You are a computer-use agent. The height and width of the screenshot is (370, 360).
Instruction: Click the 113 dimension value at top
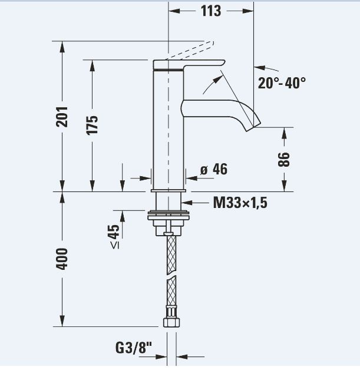[211, 11]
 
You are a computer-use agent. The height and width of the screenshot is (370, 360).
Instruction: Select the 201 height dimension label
[62, 117]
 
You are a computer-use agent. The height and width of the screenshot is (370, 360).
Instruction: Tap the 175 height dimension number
[93, 125]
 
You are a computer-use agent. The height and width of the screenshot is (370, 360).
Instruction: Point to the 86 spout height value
[284, 160]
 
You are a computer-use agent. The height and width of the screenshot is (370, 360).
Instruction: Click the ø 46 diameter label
[214, 169]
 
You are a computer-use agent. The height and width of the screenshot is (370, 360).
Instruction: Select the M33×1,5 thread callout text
[240, 203]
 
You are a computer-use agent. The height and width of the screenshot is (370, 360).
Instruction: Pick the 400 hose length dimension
[62, 259]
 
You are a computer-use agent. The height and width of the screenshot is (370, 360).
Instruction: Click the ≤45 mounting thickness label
[114, 236]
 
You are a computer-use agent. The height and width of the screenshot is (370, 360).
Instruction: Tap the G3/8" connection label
[134, 348]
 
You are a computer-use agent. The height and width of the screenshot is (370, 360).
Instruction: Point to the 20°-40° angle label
[282, 83]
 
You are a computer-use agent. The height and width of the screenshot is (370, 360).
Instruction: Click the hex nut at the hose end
[171, 322]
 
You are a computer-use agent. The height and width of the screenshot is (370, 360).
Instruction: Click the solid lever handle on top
[189, 65]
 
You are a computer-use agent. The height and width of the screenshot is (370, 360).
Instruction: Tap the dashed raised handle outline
[190, 50]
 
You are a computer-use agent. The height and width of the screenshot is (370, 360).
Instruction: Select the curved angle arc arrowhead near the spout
[217, 79]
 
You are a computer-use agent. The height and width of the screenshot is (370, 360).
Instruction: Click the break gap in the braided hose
[171, 277]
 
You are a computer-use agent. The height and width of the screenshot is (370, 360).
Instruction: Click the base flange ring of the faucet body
[168, 191]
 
